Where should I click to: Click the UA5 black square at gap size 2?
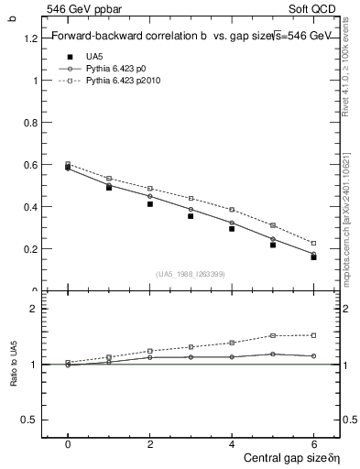click(x=149, y=203)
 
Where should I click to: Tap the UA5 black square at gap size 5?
click(x=273, y=245)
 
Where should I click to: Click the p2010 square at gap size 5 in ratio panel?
click(x=273, y=335)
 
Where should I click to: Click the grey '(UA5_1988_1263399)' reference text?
click(x=191, y=273)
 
